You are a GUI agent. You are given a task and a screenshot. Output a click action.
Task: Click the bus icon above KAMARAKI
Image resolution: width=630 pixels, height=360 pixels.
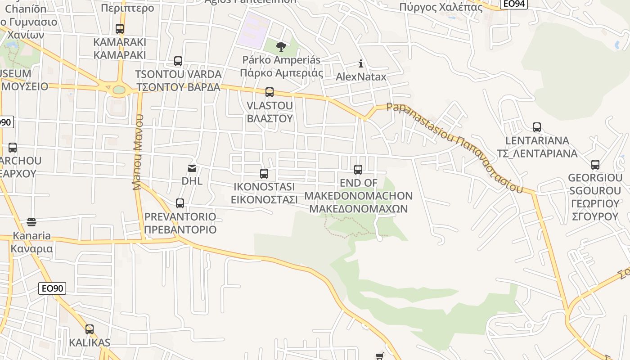pyautogui.click(x=120, y=29)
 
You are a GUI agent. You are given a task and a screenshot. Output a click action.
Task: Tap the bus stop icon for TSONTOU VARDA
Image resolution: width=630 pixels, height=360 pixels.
pyautogui.click(x=178, y=61)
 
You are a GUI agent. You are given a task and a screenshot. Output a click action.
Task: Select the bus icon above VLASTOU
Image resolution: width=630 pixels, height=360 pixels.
pyautogui.click(x=270, y=92)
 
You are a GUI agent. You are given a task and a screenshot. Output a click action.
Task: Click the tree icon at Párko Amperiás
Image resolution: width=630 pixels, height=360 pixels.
pyautogui.click(x=281, y=46)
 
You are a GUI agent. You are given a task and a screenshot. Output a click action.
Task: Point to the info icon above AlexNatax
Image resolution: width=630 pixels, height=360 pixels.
pyautogui.click(x=360, y=63)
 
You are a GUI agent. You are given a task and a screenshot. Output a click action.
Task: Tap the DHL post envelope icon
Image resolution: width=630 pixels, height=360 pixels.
pyautogui.click(x=192, y=168)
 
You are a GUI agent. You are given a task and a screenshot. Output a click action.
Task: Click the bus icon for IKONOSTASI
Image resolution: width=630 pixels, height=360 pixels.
pyautogui.click(x=264, y=174)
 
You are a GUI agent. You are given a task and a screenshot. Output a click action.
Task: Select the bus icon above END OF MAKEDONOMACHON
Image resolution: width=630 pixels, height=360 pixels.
pyautogui.click(x=358, y=170)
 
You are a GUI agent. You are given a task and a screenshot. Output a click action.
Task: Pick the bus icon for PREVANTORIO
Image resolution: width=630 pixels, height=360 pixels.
pyautogui.click(x=180, y=203)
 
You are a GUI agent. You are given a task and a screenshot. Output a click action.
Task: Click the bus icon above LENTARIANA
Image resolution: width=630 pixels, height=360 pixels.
pyautogui.click(x=537, y=127)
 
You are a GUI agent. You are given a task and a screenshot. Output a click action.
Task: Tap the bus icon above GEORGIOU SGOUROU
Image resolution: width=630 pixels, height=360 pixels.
pyautogui.click(x=595, y=165)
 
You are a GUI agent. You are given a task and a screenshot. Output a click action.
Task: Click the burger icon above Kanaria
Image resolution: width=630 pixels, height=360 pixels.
pyautogui.click(x=31, y=222)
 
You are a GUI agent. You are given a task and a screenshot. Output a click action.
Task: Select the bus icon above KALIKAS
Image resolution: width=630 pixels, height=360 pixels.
pyautogui.click(x=90, y=329)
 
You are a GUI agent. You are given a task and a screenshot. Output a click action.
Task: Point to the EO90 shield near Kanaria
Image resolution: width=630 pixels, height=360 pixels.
pyautogui.click(x=52, y=288)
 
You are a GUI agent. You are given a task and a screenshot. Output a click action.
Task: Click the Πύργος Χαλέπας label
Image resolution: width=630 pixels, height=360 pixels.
pyautogui.click(x=441, y=7)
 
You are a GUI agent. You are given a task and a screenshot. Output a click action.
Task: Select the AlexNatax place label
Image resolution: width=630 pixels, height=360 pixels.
pyautogui.click(x=361, y=76)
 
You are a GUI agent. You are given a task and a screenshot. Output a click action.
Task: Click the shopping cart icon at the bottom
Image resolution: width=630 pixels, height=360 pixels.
pyautogui.click(x=379, y=356)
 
